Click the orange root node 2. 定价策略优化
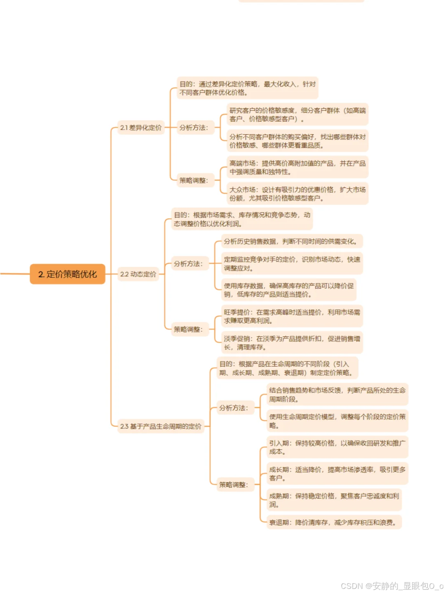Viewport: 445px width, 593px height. point(68,274)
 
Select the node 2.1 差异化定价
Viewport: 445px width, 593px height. point(141,128)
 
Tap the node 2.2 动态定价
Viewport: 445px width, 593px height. point(138,274)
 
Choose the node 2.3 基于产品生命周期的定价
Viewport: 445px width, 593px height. point(161,426)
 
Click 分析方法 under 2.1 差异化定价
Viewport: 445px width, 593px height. point(194,128)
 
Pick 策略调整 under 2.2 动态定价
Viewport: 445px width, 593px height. point(188,329)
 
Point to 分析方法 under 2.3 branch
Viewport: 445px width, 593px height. point(233,408)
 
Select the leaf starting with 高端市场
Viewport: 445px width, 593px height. point(297,168)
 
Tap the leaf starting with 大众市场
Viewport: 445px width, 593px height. point(297,194)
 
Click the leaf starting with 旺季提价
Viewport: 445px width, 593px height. point(292,316)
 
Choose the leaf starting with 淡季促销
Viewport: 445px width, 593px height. point(292,343)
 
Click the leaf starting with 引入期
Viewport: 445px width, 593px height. point(337,447)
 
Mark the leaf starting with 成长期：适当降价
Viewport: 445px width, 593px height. point(337,474)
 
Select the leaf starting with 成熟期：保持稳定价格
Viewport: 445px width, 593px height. point(334,500)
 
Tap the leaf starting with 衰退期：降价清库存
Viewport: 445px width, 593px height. point(334,523)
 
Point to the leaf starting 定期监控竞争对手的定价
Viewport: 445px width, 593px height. point(292,264)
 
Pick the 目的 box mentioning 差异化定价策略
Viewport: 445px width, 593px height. point(247,88)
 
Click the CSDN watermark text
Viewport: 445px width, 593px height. point(392,586)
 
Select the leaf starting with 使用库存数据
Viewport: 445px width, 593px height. point(288,290)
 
